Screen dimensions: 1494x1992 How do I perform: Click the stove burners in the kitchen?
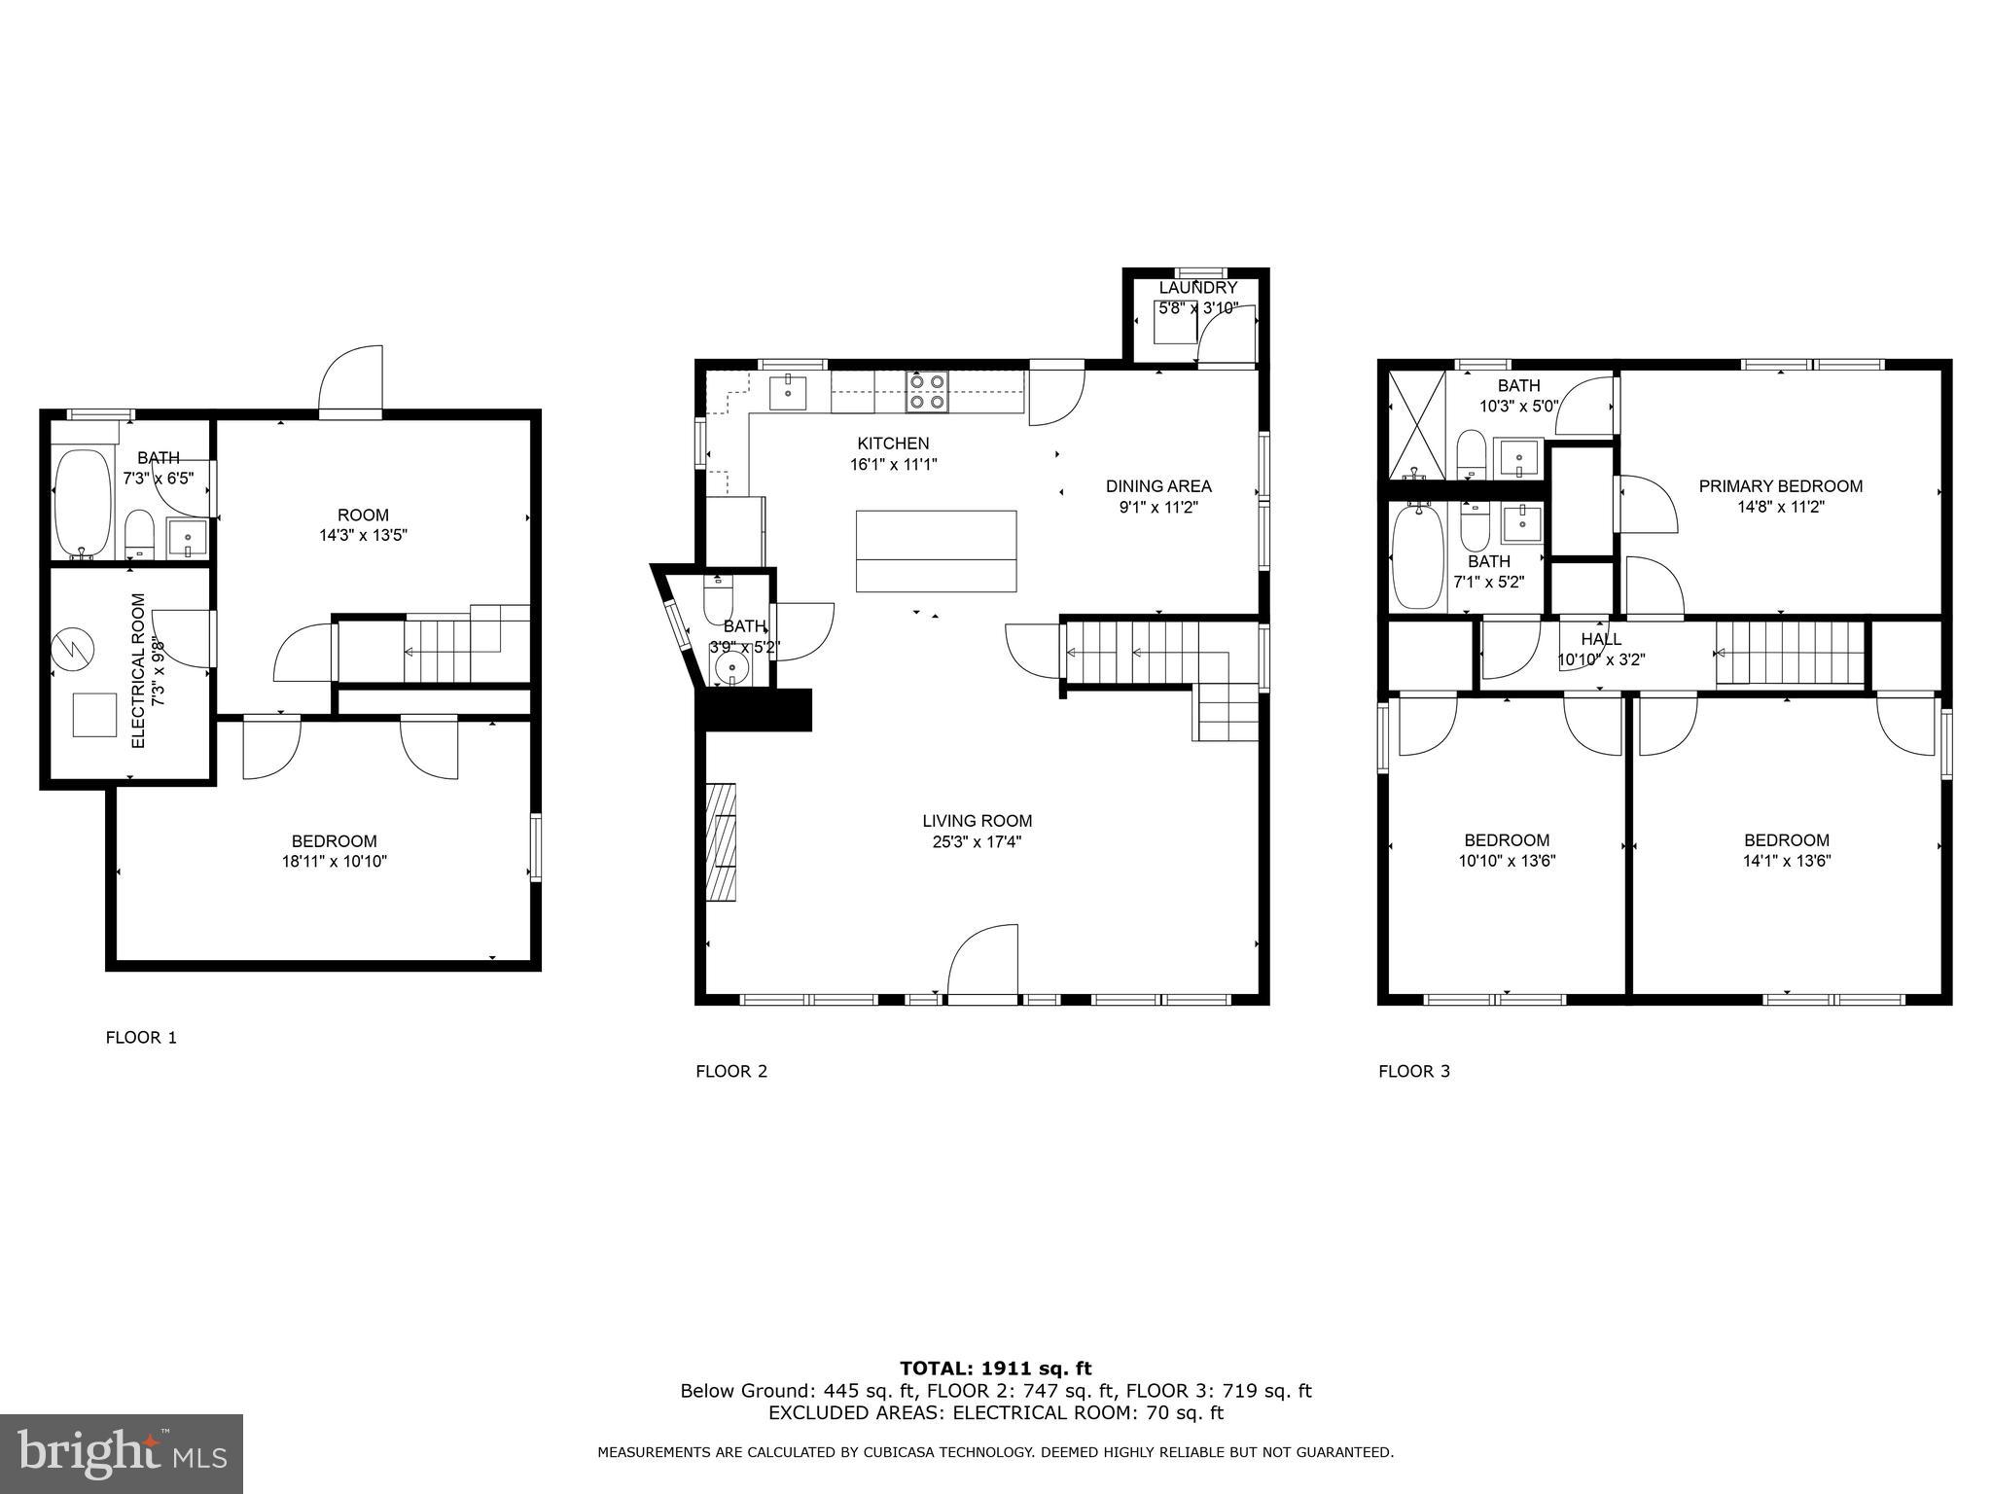(x=926, y=390)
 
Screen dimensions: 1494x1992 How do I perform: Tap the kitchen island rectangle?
(x=936, y=551)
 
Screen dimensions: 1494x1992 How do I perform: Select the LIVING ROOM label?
(x=977, y=821)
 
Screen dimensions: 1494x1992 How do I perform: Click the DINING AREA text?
(x=1158, y=486)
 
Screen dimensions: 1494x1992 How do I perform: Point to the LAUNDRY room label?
(x=1197, y=288)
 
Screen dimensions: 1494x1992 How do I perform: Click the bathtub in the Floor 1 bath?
(x=83, y=504)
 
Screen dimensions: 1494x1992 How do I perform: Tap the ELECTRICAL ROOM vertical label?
(x=138, y=670)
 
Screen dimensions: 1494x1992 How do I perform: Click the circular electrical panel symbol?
(x=73, y=646)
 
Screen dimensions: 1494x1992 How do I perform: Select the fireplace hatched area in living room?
(x=721, y=840)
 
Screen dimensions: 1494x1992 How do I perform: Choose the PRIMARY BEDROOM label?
(x=1780, y=486)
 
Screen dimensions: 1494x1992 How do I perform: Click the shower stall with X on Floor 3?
(x=1416, y=424)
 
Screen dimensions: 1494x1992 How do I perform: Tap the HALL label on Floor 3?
(x=1600, y=639)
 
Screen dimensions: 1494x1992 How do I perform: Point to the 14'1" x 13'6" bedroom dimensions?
(x=1787, y=861)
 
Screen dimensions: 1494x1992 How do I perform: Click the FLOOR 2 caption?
(x=731, y=1071)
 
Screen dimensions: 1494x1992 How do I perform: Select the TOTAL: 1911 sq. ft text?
(x=995, y=1369)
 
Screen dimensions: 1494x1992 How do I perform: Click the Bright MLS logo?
(x=122, y=1453)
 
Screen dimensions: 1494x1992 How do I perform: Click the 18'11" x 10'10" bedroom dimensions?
(x=334, y=861)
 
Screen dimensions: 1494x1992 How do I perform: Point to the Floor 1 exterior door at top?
(x=351, y=381)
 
